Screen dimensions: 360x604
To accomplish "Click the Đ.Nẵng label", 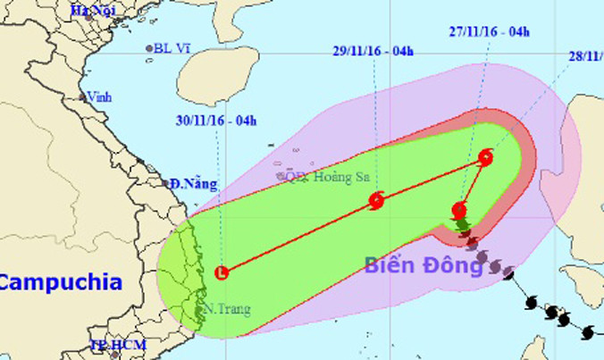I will click(x=194, y=185).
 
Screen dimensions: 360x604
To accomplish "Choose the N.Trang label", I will click(x=226, y=309).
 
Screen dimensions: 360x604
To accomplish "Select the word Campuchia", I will click(x=60, y=283).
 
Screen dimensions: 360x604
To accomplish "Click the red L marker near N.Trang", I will click(x=222, y=272).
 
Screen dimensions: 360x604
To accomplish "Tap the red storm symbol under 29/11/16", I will click(x=376, y=202).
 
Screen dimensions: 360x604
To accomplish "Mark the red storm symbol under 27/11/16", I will click(x=459, y=212).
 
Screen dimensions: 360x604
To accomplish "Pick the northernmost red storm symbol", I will click(x=485, y=158).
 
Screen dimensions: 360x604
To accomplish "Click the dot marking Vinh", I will click(x=82, y=97).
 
